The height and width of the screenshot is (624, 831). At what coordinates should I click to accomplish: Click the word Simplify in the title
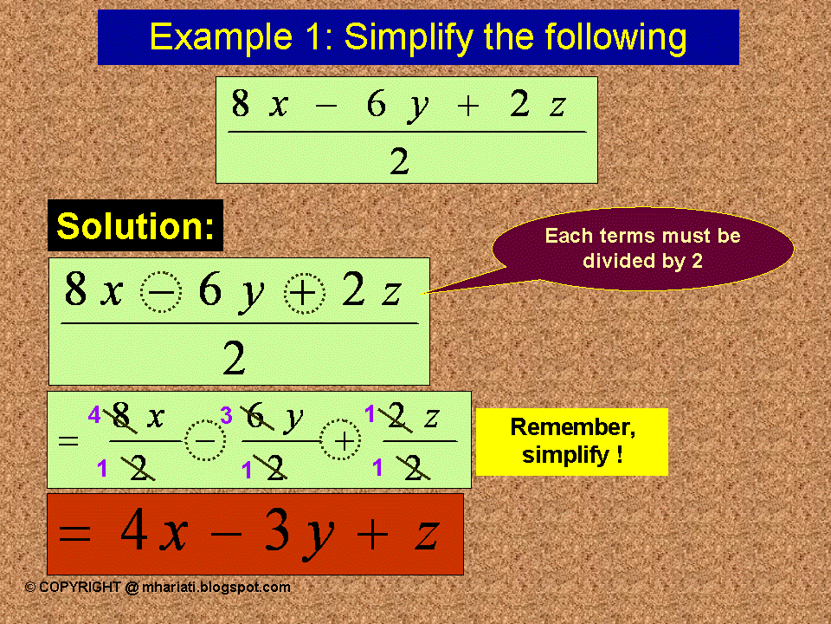tap(409, 37)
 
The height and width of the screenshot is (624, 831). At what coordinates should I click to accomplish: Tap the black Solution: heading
tap(135, 225)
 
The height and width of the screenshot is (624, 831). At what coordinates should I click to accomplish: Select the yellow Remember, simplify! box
tap(572, 441)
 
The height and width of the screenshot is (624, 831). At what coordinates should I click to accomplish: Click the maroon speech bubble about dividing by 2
tap(642, 249)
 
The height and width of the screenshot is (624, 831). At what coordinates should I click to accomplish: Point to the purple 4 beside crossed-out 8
tap(94, 414)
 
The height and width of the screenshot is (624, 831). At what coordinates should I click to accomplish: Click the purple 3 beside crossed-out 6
tap(226, 415)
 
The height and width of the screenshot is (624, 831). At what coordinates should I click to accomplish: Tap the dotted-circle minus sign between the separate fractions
tap(205, 440)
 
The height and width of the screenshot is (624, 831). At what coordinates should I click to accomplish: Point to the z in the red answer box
tap(426, 536)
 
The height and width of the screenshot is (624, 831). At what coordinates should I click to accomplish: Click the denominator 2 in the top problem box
tap(400, 161)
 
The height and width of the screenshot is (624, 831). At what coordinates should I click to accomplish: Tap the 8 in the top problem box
tap(240, 103)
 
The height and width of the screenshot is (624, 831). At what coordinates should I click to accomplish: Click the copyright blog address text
tap(158, 588)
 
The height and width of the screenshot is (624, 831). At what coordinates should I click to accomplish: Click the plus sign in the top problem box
tap(468, 106)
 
